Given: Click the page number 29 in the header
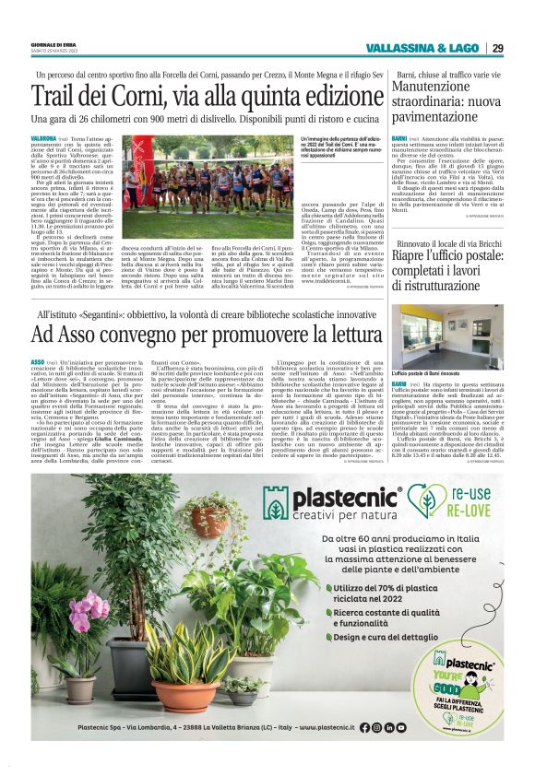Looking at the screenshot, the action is (x=497, y=48).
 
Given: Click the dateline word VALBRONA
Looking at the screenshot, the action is (x=45, y=137).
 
